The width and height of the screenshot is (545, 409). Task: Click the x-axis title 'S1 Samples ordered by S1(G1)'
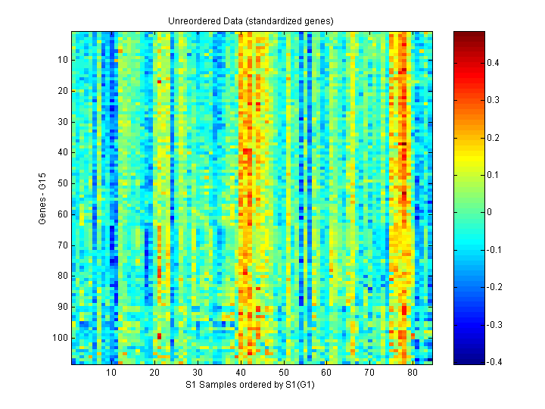point(251,386)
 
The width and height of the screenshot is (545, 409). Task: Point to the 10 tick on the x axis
point(111,373)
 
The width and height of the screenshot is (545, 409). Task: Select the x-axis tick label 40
point(240,373)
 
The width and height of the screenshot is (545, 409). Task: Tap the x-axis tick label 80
point(412,373)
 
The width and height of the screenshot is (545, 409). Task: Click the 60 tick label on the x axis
point(326,373)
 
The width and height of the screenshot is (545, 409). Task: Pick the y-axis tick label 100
point(60,337)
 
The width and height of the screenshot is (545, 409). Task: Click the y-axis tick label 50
point(62,183)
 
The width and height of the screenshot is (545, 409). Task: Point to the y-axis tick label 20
point(62,91)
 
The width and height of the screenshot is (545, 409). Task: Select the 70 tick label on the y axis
point(62,245)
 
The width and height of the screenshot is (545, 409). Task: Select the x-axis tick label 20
point(154,373)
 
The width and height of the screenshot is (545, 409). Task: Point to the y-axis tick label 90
point(62,306)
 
